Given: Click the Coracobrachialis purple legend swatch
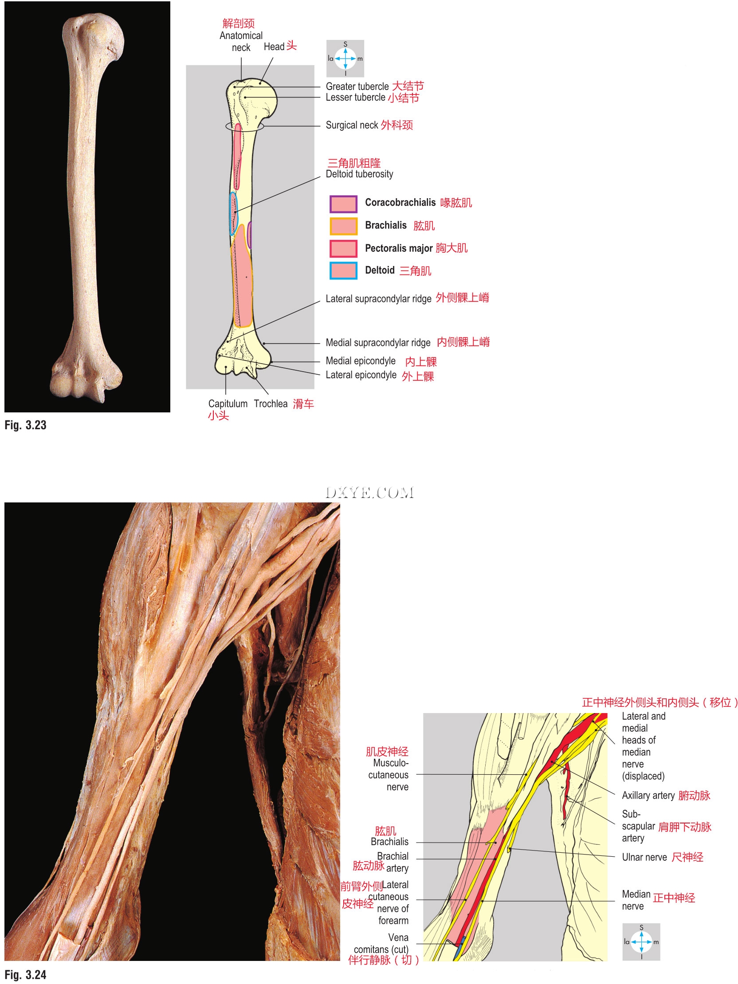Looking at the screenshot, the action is point(343,204).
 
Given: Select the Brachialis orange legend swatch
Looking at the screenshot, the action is point(343,226).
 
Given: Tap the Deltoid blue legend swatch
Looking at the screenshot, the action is point(343,271).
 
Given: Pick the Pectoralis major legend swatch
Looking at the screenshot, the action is point(343,248).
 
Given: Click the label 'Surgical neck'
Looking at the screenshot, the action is point(351,125).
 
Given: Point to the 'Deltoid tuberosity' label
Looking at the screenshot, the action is point(359,174).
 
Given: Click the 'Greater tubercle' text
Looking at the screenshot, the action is point(357,86).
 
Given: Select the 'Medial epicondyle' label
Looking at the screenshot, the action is point(360,361).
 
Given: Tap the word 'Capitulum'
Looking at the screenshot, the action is point(228,404).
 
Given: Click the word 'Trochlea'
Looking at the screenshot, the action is point(271,404).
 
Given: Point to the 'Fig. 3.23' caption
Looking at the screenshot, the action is point(25,425).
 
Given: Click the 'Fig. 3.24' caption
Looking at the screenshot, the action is point(25,975).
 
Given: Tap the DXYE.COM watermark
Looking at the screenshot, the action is point(369,493).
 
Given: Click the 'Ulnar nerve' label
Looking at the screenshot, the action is point(644,857).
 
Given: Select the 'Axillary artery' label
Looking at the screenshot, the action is point(648,796).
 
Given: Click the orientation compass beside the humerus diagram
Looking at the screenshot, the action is point(345,58).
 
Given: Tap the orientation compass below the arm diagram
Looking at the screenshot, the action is point(641,942).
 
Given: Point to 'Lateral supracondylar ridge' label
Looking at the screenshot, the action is point(378,298).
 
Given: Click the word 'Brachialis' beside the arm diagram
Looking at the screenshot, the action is point(389,842).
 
